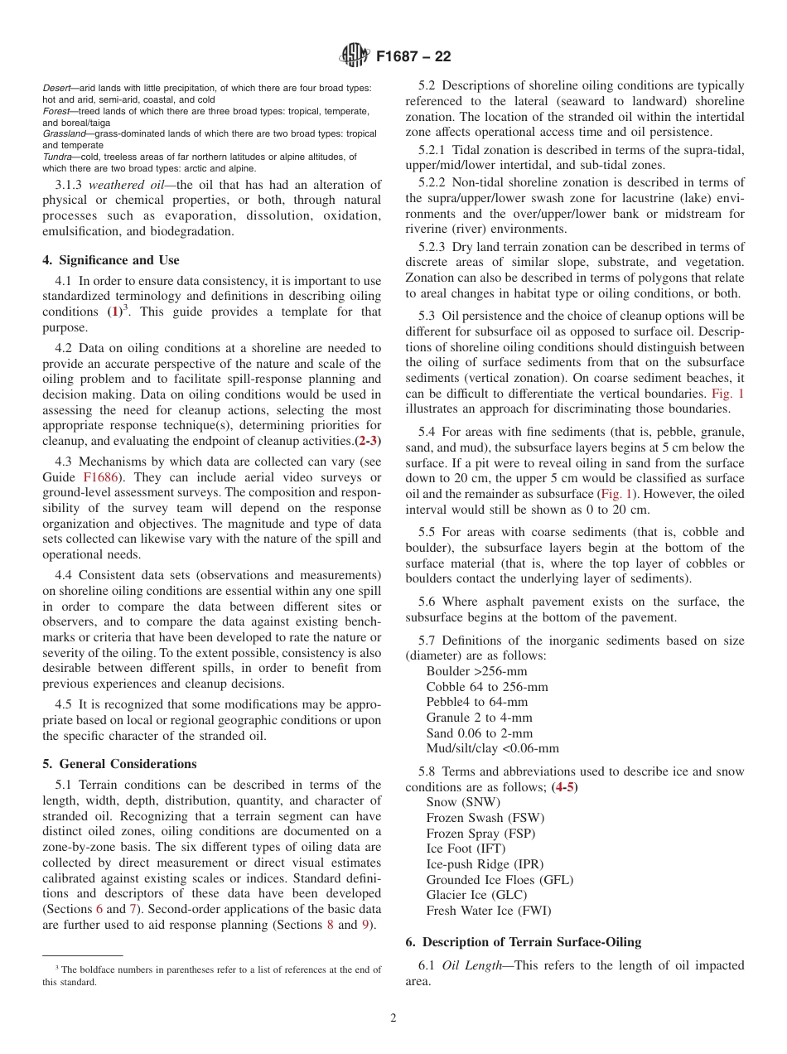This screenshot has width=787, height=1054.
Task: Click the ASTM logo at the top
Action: click(354, 56)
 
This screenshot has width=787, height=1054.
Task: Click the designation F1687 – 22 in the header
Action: click(413, 57)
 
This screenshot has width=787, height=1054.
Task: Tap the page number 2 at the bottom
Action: click(393, 1018)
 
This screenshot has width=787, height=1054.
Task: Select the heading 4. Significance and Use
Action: click(110, 260)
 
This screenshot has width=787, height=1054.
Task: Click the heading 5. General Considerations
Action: click(119, 764)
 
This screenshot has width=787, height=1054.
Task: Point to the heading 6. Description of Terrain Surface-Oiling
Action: click(523, 942)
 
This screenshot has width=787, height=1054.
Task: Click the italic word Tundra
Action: click(59, 157)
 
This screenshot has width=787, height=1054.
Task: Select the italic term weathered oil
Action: click(123, 185)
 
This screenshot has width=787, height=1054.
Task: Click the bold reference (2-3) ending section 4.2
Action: click(368, 441)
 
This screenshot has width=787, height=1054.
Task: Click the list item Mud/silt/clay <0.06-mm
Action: click(492, 749)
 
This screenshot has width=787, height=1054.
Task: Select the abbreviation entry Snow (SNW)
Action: click(463, 802)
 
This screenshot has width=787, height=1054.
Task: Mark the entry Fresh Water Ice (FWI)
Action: click(488, 911)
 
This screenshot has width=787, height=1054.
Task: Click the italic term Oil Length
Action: click(475, 965)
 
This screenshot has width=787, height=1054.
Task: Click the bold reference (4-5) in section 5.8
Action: click(564, 786)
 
